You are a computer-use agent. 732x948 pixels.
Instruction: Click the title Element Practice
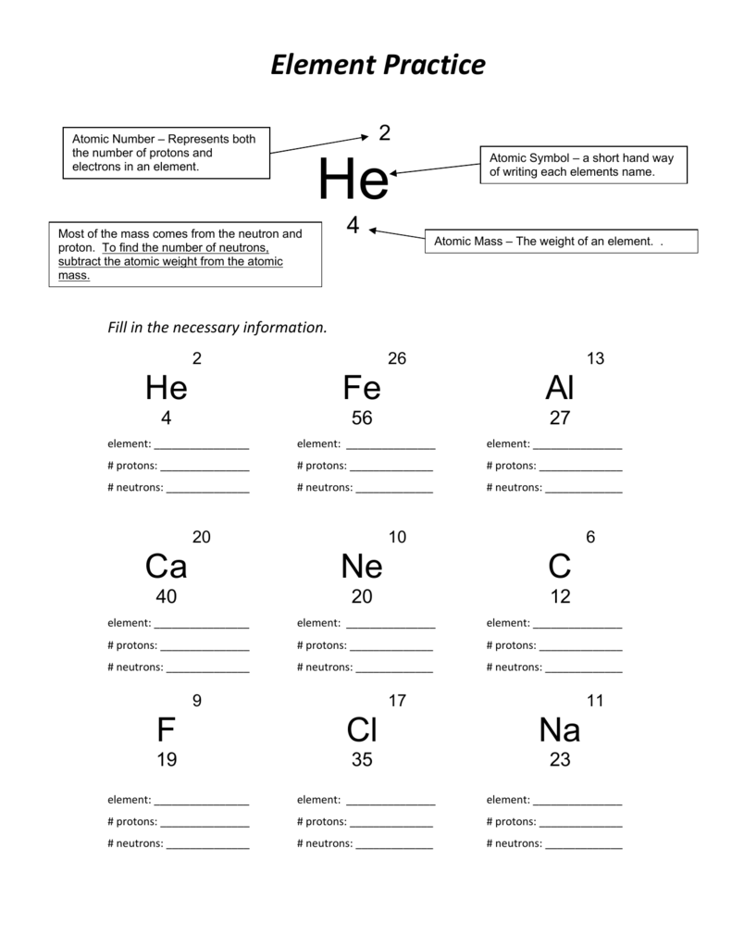(378, 66)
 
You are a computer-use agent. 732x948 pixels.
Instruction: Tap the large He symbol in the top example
(353, 180)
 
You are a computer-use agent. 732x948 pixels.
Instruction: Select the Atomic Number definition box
(166, 153)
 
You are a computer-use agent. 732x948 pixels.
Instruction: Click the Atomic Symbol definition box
(583, 165)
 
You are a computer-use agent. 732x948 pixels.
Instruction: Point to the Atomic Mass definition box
(561, 242)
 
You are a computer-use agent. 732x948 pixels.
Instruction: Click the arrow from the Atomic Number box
(319, 143)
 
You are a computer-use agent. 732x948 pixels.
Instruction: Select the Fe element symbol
(361, 388)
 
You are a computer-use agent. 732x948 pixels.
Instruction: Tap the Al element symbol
(560, 388)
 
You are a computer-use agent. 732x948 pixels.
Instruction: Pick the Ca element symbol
(167, 566)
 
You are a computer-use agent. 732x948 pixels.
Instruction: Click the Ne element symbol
(361, 566)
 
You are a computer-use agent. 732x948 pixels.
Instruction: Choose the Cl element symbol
(362, 730)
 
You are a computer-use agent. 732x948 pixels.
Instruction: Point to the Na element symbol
(560, 730)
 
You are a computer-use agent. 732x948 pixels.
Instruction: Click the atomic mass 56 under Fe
(362, 418)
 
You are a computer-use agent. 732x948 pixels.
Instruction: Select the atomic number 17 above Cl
(397, 701)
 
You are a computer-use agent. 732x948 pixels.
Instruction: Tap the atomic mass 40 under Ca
(167, 597)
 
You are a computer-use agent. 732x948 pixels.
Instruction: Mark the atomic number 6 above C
(590, 537)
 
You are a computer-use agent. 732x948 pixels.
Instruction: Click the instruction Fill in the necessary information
(217, 328)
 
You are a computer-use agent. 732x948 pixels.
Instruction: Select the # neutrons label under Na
(514, 843)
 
